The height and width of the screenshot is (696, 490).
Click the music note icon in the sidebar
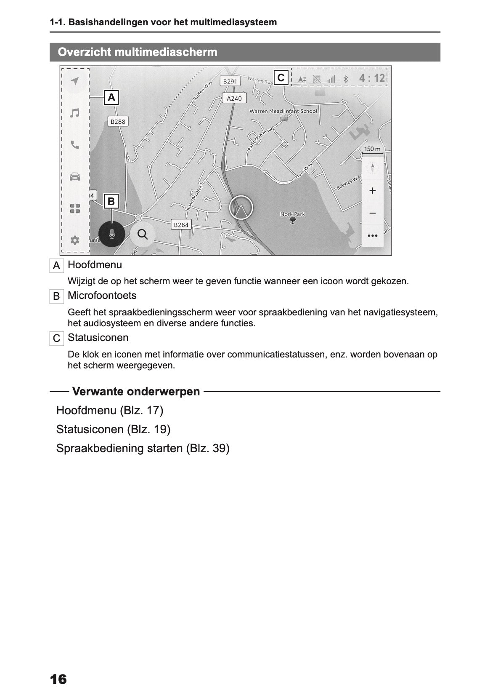tap(74, 113)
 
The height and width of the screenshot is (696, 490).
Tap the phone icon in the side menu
tap(74, 145)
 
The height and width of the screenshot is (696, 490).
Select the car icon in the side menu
tap(74, 176)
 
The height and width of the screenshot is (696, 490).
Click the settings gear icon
tap(74, 240)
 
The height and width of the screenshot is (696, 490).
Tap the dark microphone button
tap(111, 234)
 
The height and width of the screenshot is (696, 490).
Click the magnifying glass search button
tap(143, 234)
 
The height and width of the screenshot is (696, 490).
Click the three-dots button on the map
tap(372, 236)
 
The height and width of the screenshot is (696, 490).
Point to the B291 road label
tap(230, 81)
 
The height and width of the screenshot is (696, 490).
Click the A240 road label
tap(234, 98)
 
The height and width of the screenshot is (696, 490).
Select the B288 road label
tap(118, 121)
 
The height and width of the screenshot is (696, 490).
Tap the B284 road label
tap(181, 225)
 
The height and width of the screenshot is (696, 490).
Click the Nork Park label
tap(293, 214)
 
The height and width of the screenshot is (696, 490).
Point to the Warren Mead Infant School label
tap(283, 111)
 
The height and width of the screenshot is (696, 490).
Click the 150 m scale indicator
tap(372, 149)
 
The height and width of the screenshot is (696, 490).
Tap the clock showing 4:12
tap(372, 78)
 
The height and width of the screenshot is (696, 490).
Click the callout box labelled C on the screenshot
tap(281, 77)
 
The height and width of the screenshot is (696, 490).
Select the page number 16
tap(58, 679)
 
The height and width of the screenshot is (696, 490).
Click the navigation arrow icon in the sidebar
tap(74, 81)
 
